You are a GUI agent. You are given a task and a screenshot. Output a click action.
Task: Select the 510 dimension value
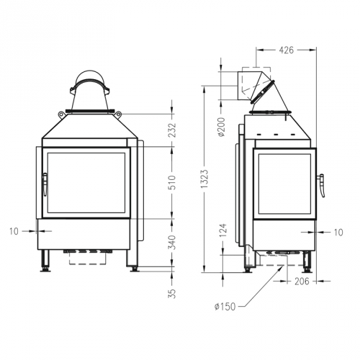(x=172, y=183)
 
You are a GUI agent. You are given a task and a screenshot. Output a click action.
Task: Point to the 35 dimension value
(x=171, y=294)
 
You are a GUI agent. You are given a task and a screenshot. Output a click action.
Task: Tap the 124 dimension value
(x=222, y=230)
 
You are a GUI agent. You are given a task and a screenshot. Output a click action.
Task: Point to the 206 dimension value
(x=302, y=281)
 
